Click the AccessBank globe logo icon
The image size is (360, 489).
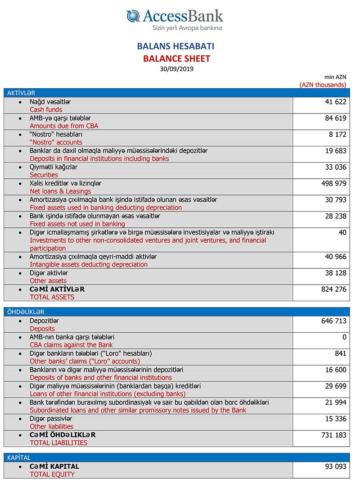pyautogui.click(x=133, y=16)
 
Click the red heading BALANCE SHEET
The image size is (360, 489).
pyautogui.click(x=176, y=59)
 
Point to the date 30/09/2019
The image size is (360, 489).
pyautogui.click(x=176, y=69)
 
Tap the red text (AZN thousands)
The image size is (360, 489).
pyautogui.click(x=323, y=84)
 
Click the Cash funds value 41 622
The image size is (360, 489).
pyautogui.click(x=335, y=102)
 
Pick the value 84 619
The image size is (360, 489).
pyautogui.click(x=335, y=118)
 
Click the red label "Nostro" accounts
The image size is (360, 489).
pyautogui.click(x=56, y=142)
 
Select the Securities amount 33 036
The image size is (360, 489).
pyautogui.click(x=335, y=168)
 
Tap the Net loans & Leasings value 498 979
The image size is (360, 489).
pyautogui.click(x=333, y=184)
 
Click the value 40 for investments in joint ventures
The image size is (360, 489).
pyautogui.click(x=342, y=233)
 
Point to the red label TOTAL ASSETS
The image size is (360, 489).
pyautogui.click(x=52, y=297)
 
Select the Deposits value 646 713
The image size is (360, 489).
pyautogui.click(x=333, y=321)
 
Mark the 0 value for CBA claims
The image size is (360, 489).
pyautogui.click(x=344, y=337)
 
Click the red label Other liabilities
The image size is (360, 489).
pyautogui.click(x=51, y=426)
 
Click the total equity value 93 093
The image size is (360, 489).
pyautogui.click(x=335, y=467)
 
